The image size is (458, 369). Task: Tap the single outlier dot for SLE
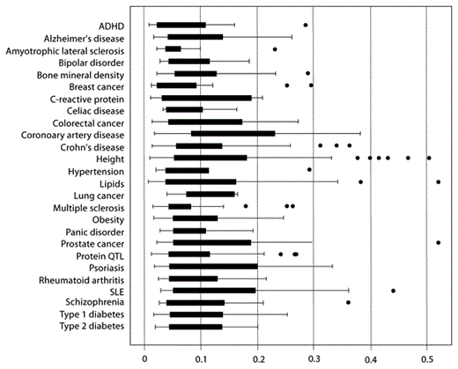(393, 290)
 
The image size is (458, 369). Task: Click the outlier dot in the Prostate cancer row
(439, 241)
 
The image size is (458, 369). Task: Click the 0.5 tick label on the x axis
(427, 358)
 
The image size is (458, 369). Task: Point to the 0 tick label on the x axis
(144, 358)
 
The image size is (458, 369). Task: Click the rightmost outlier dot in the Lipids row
(439, 181)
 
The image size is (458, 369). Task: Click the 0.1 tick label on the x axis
(201, 358)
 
